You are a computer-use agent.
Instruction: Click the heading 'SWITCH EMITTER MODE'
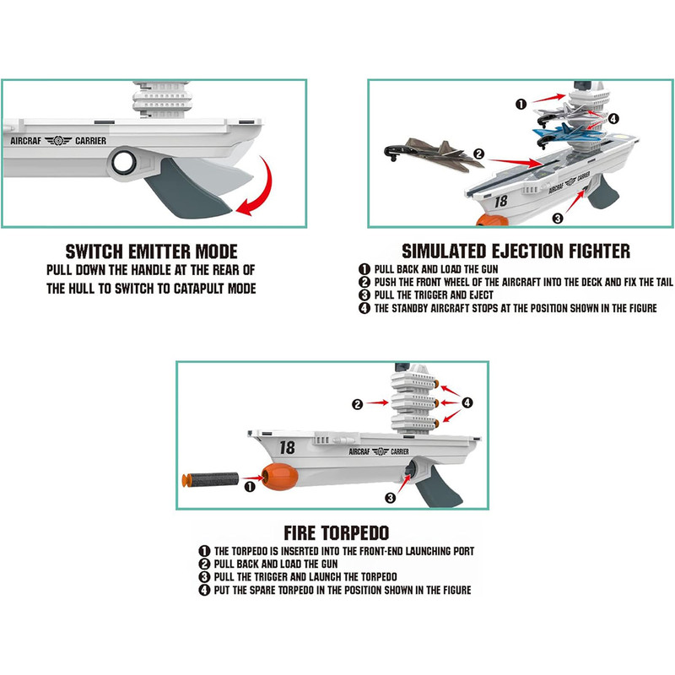point(152,251)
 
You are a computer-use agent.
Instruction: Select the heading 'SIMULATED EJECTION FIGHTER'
point(516,251)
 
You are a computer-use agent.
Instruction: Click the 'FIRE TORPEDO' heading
point(336,533)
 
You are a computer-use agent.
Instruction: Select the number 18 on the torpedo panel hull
point(287,448)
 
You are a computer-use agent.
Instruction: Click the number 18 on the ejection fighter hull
point(500,201)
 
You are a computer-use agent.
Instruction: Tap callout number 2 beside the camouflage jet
point(478,154)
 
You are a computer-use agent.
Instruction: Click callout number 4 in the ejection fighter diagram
point(613,118)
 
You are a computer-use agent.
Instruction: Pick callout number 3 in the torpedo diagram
point(390,498)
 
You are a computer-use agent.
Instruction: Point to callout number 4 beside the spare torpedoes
point(467,402)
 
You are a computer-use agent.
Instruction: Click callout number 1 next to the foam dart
point(250,487)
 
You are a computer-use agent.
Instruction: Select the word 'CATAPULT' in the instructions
point(198,289)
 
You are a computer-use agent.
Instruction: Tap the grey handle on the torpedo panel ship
point(439,486)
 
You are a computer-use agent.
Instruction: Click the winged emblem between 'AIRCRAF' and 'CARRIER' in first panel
point(58,140)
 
